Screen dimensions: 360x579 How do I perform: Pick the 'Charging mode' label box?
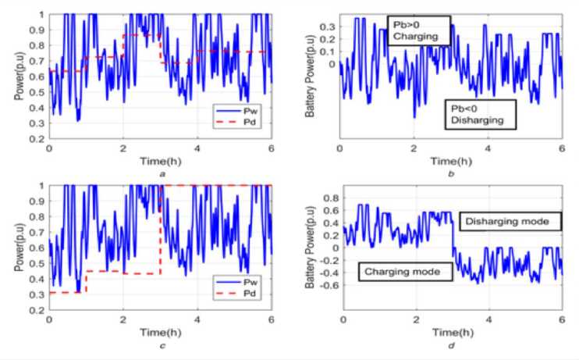click(x=396, y=273)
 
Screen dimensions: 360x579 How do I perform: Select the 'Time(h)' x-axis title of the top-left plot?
click(x=161, y=162)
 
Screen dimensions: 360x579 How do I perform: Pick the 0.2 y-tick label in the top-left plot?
click(x=37, y=139)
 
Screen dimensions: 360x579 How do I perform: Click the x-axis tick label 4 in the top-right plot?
click(x=488, y=148)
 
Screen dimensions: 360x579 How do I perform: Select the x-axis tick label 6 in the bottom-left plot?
click(x=272, y=319)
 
